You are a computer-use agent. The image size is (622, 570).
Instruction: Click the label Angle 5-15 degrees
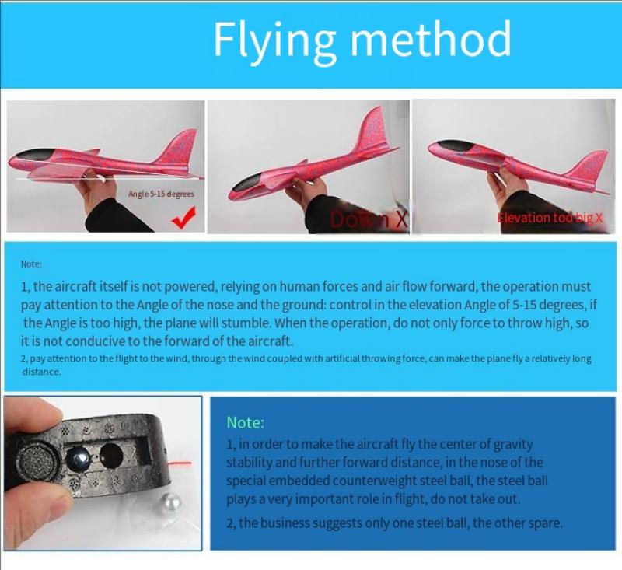pos(161,194)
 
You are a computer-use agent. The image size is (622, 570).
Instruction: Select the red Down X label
pos(369,219)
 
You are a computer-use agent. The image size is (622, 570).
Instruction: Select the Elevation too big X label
pos(550,218)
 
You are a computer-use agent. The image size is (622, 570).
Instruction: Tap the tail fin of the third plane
pos(589,166)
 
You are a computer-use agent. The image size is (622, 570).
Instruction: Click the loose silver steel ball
pos(169,502)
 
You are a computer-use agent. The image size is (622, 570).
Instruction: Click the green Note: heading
pos(245,422)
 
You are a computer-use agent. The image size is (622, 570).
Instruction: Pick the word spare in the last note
pos(543,523)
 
